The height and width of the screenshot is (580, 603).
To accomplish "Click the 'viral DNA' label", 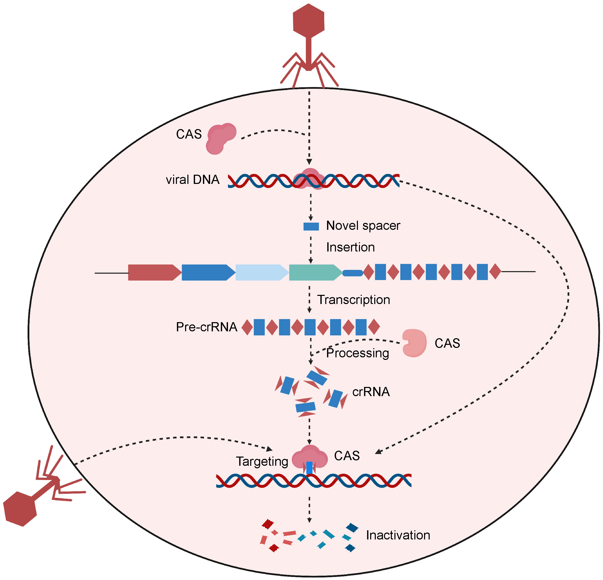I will coord(192,180).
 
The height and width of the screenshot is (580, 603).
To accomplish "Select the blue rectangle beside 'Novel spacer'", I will coord(311,226).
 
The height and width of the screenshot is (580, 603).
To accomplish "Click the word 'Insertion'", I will coord(351,247).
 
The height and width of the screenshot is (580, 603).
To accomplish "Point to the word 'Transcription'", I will coord(354,300).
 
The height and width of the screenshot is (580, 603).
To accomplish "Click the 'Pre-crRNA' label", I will coord(207,327).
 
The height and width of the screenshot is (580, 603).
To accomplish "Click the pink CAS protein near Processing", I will coord(414,343).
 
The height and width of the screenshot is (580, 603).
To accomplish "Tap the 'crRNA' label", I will coord(371,392).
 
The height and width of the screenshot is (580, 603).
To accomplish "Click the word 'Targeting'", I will coord(262,461).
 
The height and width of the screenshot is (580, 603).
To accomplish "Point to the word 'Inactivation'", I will coord(398,535).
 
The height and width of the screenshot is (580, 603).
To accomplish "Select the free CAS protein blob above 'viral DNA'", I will coord(220,138).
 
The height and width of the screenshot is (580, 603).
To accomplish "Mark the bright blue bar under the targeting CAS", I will coord(309,468).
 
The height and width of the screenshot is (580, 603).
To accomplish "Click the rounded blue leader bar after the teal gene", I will coord(353,273).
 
